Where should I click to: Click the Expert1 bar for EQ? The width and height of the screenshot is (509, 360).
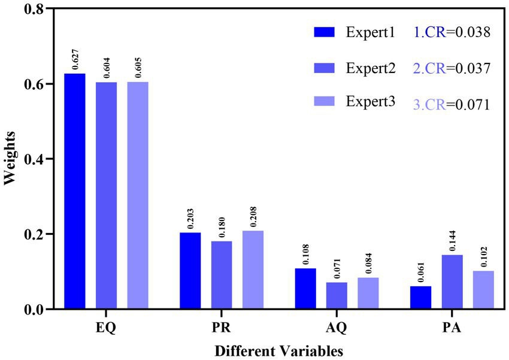(74, 191)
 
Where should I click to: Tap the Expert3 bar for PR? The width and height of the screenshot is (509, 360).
(252, 270)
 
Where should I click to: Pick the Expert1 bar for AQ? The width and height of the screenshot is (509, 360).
(305, 288)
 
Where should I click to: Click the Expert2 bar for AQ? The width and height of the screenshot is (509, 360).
(337, 295)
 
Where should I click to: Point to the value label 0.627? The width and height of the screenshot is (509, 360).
(75, 62)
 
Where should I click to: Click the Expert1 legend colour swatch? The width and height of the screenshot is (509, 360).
(326, 32)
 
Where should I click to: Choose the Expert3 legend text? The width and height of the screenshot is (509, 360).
(370, 101)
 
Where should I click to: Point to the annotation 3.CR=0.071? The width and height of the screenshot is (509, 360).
(453, 104)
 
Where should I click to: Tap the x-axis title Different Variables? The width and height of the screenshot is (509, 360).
(280, 349)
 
